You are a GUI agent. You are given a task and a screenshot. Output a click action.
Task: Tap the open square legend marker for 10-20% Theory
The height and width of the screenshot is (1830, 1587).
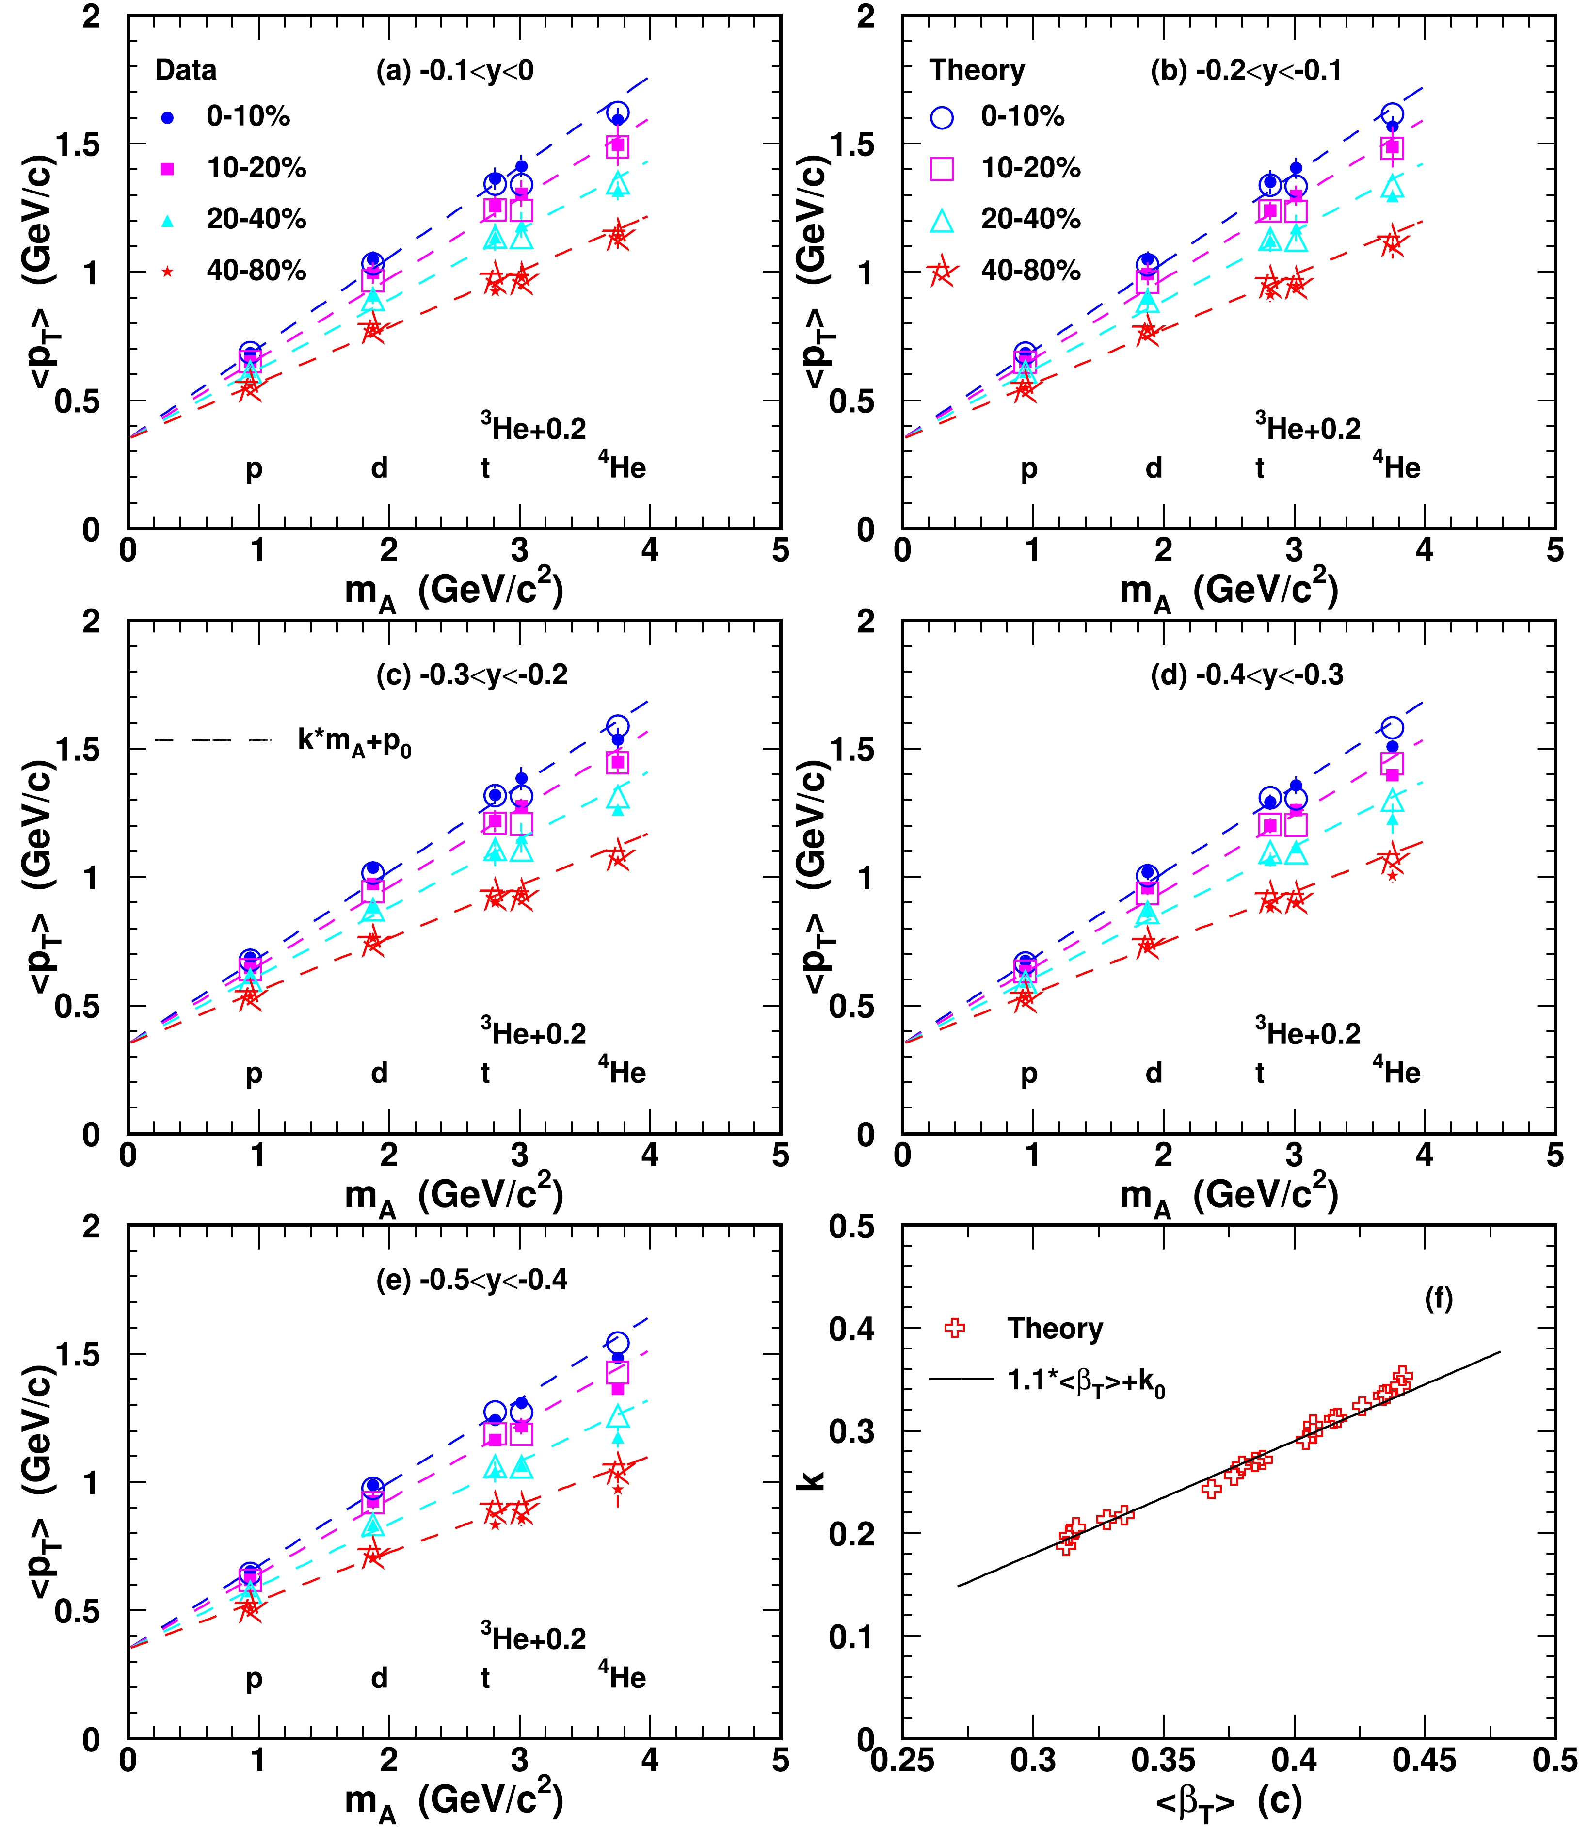pos(942,168)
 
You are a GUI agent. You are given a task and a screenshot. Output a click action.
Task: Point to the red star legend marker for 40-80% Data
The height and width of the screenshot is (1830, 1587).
pos(167,271)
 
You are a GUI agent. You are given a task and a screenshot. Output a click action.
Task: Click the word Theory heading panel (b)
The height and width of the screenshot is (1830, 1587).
pos(977,70)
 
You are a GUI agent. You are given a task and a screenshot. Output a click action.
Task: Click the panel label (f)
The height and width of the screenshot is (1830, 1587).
pos(1438,1299)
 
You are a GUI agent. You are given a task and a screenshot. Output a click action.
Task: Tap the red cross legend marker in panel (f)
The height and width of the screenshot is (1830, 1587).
pos(955,1328)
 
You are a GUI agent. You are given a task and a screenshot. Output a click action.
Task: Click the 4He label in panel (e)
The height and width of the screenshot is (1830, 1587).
pos(623,1675)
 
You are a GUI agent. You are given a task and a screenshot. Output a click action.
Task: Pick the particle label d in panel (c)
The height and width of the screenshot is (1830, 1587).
pos(379,1073)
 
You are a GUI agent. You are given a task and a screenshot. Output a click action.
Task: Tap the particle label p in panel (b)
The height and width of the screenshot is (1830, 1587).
pos(1028,468)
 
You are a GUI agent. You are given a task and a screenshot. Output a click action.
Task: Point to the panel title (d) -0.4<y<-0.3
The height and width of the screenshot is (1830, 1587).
pos(1246,675)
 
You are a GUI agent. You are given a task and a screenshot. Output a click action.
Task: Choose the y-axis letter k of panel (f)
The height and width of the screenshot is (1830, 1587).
pos(812,1479)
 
